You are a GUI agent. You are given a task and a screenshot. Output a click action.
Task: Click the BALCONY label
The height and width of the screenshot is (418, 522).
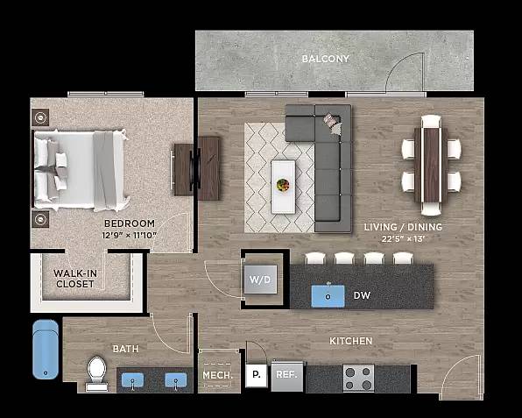coord(325,60)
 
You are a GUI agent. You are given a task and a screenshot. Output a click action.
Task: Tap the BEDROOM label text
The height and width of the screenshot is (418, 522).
coord(129,223)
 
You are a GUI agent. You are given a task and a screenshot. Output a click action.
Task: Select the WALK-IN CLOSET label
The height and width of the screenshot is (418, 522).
coord(75,278)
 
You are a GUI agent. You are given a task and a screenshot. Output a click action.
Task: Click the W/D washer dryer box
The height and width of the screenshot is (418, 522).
coord(260,280)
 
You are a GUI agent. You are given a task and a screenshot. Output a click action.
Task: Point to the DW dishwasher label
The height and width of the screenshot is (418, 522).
coord(361,296)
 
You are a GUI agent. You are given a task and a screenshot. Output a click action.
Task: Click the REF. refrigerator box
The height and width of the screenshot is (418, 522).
coord(286,375)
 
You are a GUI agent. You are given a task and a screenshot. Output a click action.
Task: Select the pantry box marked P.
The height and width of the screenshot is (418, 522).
coord(256,374)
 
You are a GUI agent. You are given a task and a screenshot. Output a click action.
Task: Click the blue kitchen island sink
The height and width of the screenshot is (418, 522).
coord(327,295)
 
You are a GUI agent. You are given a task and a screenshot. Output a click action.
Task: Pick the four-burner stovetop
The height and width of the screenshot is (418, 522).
coord(357,378)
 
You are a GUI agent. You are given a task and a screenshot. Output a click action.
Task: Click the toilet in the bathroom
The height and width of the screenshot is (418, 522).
coord(96,372)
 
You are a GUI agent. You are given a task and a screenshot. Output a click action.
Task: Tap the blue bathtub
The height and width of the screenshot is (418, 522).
coord(46,349)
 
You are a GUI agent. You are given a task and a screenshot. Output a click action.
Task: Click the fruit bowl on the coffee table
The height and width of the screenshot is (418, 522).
coord(283,186)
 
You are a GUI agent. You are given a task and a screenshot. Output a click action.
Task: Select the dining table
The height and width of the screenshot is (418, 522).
coord(431,165)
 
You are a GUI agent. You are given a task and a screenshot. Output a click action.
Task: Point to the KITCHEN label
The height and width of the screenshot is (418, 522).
coord(350,341)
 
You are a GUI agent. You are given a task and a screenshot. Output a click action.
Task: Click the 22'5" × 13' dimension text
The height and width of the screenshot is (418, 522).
coord(402,237)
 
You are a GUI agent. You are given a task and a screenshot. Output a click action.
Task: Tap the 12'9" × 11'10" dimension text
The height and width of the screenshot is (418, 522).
coord(129,234)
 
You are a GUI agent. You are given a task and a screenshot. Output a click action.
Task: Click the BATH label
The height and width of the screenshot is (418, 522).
coord(125,349)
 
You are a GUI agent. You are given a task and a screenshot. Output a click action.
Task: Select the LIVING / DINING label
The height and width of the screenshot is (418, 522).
coord(402,226)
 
